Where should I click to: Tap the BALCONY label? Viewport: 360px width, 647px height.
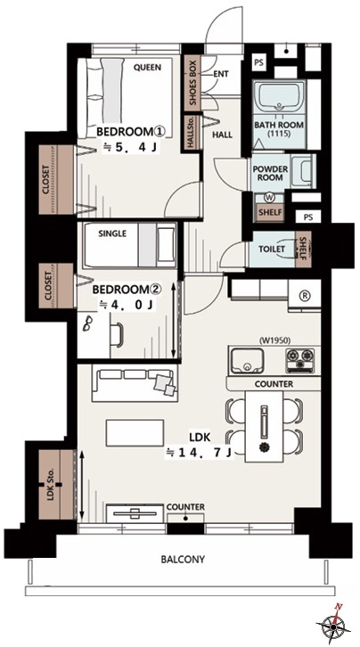point(183,560)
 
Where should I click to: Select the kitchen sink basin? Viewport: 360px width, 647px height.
point(247,361)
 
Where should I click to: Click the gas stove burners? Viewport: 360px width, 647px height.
point(300,356)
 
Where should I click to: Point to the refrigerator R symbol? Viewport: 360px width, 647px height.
point(306,296)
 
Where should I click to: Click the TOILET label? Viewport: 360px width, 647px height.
point(272,250)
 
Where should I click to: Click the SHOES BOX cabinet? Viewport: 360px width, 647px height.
point(193,84)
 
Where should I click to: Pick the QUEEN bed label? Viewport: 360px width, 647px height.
point(147,67)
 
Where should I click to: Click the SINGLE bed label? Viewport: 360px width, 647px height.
point(112,233)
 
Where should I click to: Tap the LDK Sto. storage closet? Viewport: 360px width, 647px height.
point(56,485)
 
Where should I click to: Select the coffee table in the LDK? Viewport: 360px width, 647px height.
point(135,432)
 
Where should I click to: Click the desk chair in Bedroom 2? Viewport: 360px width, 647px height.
point(117,335)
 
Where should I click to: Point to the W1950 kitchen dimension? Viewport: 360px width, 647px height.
point(275,340)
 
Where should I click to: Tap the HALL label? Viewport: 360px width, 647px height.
point(222,135)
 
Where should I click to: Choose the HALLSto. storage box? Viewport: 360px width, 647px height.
point(192,134)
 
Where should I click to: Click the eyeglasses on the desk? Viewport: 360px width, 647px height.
point(88,322)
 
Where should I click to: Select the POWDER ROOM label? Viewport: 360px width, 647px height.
point(270,173)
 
